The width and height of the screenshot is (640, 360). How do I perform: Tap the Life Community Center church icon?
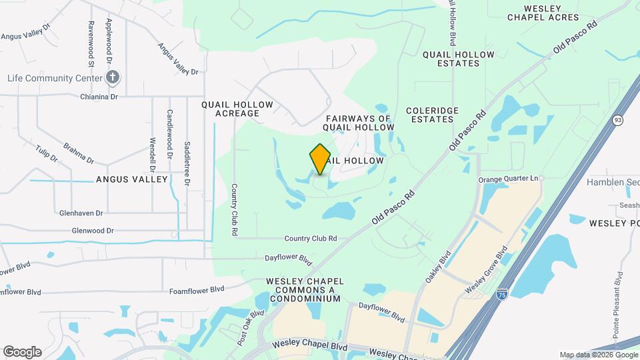pyautogui.click(x=113, y=77)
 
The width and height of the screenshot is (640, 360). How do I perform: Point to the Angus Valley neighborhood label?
pyautogui.click(x=131, y=179)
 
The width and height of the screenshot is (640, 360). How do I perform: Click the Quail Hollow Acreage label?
pyautogui.click(x=237, y=109)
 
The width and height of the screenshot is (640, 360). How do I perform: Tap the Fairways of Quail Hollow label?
pyautogui.click(x=359, y=122)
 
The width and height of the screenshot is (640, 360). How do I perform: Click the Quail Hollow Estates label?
pyautogui.click(x=459, y=59)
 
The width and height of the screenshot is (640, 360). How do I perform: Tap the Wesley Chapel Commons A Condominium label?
pyautogui.click(x=304, y=290)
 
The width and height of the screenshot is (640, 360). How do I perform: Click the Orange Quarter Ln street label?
pyautogui.click(x=508, y=179)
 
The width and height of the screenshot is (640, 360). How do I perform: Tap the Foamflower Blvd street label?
pyautogui.click(x=196, y=290)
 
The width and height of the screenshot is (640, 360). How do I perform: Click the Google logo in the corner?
pyautogui.click(x=22, y=352)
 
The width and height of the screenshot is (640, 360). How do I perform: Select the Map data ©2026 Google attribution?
pyautogui.click(x=599, y=355)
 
